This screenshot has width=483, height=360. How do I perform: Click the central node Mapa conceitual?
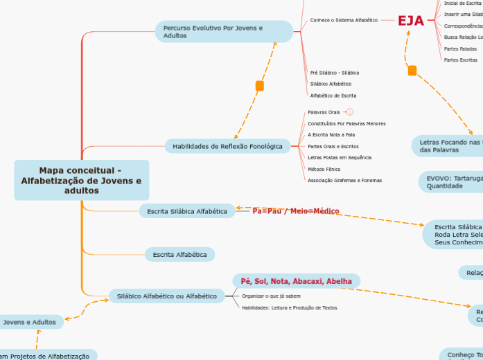point(81,180)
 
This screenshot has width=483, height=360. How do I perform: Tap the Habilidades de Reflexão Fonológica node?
point(227,146)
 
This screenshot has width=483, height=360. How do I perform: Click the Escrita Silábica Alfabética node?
point(186,211)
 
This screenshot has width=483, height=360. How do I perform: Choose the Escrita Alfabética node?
point(179,255)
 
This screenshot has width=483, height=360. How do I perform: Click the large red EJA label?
point(410,21)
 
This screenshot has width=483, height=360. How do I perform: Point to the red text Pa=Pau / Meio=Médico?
point(296,210)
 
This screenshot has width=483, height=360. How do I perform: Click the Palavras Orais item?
point(324,111)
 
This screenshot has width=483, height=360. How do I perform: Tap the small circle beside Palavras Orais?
point(350,111)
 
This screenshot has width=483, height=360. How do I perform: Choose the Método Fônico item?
point(324,169)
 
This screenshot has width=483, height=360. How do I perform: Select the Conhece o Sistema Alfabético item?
point(344,20)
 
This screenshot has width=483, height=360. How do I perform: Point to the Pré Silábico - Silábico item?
point(334,73)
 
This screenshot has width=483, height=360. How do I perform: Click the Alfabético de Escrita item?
point(333,96)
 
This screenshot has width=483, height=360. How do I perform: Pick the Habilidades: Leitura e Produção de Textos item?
point(289,307)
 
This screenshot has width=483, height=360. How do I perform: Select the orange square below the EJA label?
point(412,70)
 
